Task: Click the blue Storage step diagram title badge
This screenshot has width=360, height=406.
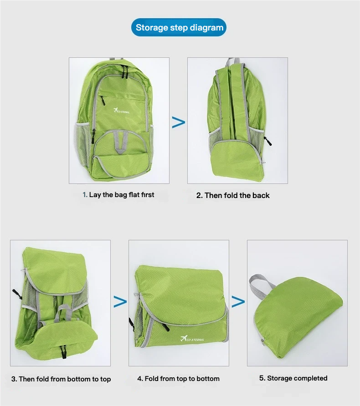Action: click(179, 27)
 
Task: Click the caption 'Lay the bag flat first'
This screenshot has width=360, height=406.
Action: click(122, 195)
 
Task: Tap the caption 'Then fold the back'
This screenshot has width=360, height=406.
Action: click(237, 196)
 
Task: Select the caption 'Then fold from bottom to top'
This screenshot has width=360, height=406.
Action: click(65, 379)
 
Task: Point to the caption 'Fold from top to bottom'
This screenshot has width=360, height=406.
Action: click(182, 379)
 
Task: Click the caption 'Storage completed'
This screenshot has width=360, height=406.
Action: click(297, 378)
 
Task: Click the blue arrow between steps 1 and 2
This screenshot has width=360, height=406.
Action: click(179, 122)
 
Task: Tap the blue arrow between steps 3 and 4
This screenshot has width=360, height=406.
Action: click(120, 302)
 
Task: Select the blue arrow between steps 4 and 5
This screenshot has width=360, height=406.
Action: click(238, 302)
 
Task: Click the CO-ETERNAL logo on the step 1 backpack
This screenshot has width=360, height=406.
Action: click(121, 111)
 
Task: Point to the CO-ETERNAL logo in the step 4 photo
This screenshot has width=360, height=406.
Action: click(192, 339)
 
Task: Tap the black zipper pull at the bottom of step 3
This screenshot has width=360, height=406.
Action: click(63, 352)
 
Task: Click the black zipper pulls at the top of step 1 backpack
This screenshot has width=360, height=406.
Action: click(125, 71)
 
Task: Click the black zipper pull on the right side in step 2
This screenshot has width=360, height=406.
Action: click(268, 141)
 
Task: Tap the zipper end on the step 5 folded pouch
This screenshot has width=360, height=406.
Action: click(263, 341)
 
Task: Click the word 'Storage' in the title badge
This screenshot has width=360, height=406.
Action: click(152, 27)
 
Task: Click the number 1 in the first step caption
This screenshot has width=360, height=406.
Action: click(84, 195)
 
